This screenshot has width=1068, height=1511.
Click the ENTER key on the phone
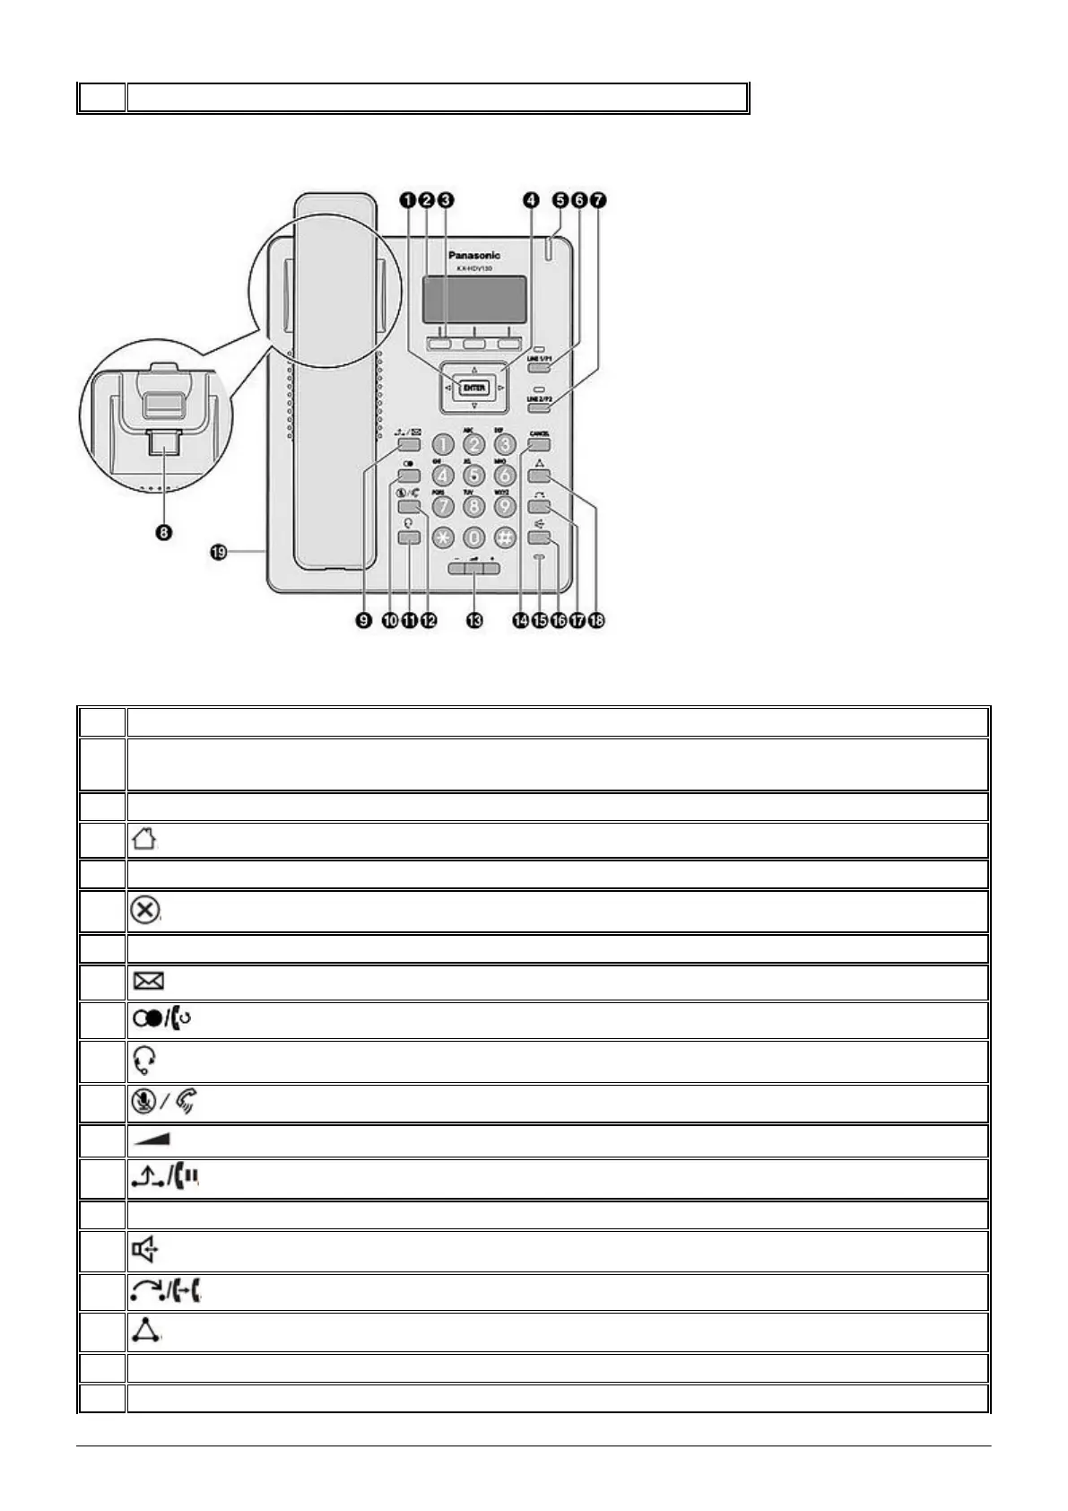pyautogui.click(x=473, y=388)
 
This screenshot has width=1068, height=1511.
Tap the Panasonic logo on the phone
pyautogui.click(x=474, y=256)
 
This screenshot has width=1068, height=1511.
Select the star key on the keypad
pyautogui.click(x=444, y=537)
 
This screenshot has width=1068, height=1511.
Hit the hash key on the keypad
pyautogui.click(x=505, y=537)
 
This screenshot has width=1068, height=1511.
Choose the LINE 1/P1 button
pyautogui.click(x=539, y=366)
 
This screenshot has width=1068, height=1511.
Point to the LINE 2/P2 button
pyautogui.click(x=539, y=407)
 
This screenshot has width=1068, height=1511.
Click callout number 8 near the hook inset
pyautogui.click(x=164, y=532)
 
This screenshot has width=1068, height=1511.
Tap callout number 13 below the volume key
pyautogui.click(x=473, y=620)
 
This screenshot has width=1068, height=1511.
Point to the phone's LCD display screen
pyautogui.click(x=474, y=299)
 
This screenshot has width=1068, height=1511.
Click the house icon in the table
pyautogui.click(x=143, y=840)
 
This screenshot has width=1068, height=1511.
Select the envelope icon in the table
pyautogui.click(x=148, y=982)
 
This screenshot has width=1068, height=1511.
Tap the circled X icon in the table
pyautogui.click(x=145, y=911)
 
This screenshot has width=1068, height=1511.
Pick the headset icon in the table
pyautogui.click(x=143, y=1061)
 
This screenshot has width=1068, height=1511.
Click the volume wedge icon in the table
pyautogui.click(x=152, y=1140)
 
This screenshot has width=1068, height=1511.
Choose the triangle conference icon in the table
pyautogui.click(x=144, y=1332)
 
